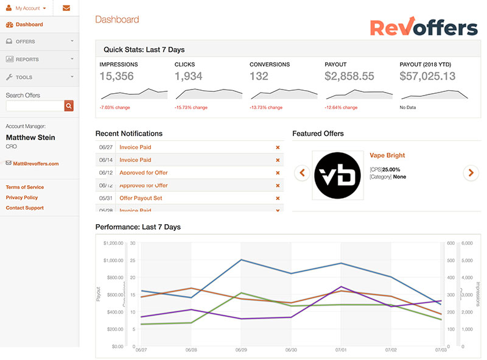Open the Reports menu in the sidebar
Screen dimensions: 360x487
(27, 59)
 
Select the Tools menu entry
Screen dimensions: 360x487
(24, 77)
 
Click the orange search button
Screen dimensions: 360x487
(69, 106)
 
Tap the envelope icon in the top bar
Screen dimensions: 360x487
(66, 8)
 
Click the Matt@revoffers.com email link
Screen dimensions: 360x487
(36, 163)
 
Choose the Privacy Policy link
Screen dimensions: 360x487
(22, 197)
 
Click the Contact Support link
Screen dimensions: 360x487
(25, 208)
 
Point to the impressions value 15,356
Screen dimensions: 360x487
(116, 76)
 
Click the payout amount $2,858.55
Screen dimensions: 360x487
(349, 76)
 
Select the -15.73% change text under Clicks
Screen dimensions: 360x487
(191, 108)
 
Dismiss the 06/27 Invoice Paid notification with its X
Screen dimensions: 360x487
(278, 147)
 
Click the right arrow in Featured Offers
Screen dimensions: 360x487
(471, 172)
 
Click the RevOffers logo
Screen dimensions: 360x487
(424, 27)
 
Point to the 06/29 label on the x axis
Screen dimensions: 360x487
(240, 351)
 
